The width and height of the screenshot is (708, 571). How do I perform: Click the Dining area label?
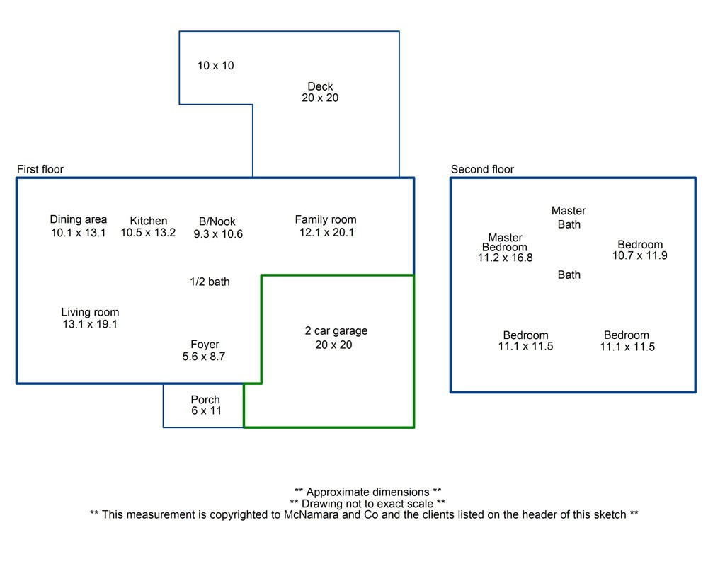pyautogui.click(x=79, y=219)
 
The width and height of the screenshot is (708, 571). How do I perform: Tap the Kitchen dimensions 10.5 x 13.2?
pyautogui.click(x=148, y=233)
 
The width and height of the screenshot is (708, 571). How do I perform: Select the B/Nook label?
pyautogui.click(x=217, y=221)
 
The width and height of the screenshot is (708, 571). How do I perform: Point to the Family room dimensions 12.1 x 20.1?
pyautogui.click(x=326, y=233)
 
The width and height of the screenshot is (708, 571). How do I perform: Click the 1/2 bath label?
pyautogui.click(x=210, y=282)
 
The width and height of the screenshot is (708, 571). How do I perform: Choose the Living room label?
pyautogui.click(x=91, y=312)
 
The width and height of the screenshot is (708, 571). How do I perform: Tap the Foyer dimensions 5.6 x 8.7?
pyautogui.click(x=204, y=357)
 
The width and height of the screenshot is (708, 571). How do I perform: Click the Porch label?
pyautogui.click(x=205, y=400)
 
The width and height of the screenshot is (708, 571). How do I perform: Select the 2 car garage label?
pyautogui.click(x=336, y=331)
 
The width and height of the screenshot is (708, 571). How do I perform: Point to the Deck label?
pyautogui.click(x=320, y=86)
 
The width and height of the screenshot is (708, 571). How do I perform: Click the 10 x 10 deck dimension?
pyautogui.click(x=216, y=66)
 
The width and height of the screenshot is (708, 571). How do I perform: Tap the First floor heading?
pyautogui.click(x=40, y=169)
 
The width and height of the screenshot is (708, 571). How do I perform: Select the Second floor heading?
pyautogui.click(x=482, y=169)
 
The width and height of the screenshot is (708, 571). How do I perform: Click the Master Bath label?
pyautogui.click(x=569, y=217)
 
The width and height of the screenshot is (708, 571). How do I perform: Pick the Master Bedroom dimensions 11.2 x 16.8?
pyautogui.click(x=506, y=258)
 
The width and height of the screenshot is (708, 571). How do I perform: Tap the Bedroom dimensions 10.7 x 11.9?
pyautogui.click(x=640, y=255)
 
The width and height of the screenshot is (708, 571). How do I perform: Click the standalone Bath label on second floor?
pyautogui.click(x=569, y=275)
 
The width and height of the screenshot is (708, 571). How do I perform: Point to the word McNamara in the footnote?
pyautogui.click(x=311, y=514)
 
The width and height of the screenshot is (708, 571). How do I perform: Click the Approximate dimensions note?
pyautogui.click(x=368, y=492)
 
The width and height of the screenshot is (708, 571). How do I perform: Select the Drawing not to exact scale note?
pyautogui.click(x=367, y=503)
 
